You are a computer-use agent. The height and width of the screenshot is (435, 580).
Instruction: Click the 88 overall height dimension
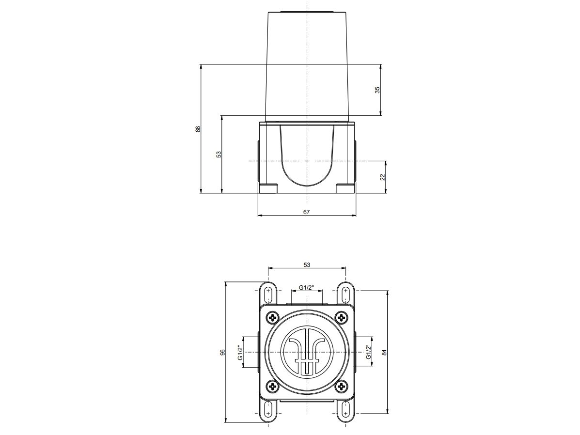(198, 129)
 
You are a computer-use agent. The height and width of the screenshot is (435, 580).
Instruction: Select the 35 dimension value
(377, 90)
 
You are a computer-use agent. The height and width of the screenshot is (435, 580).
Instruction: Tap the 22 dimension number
(382, 177)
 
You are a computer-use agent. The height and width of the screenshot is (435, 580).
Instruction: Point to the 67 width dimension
(306, 212)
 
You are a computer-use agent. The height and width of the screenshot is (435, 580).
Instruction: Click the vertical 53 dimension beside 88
(219, 154)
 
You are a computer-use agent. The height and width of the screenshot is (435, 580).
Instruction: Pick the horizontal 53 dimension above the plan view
(307, 264)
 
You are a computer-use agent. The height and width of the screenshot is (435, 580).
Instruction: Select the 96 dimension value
(222, 353)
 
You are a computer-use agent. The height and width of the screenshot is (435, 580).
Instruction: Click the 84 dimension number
(384, 353)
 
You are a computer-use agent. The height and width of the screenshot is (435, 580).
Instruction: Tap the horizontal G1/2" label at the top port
(307, 287)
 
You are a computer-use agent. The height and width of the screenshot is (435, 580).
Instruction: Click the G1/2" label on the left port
(240, 352)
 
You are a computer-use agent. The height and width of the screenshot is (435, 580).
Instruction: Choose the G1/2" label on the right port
(369, 352)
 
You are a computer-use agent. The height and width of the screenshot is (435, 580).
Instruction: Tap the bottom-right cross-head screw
(342, 387)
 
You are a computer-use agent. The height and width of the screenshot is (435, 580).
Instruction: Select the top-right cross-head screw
(342, 318)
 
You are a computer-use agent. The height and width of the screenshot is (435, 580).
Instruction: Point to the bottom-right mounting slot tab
(345, 409)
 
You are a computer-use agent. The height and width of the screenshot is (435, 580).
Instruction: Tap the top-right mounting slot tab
(345, 295)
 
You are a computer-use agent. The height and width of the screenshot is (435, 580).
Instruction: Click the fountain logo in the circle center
(307, 353)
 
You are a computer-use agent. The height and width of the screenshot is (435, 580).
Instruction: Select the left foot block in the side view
(268, 188)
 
